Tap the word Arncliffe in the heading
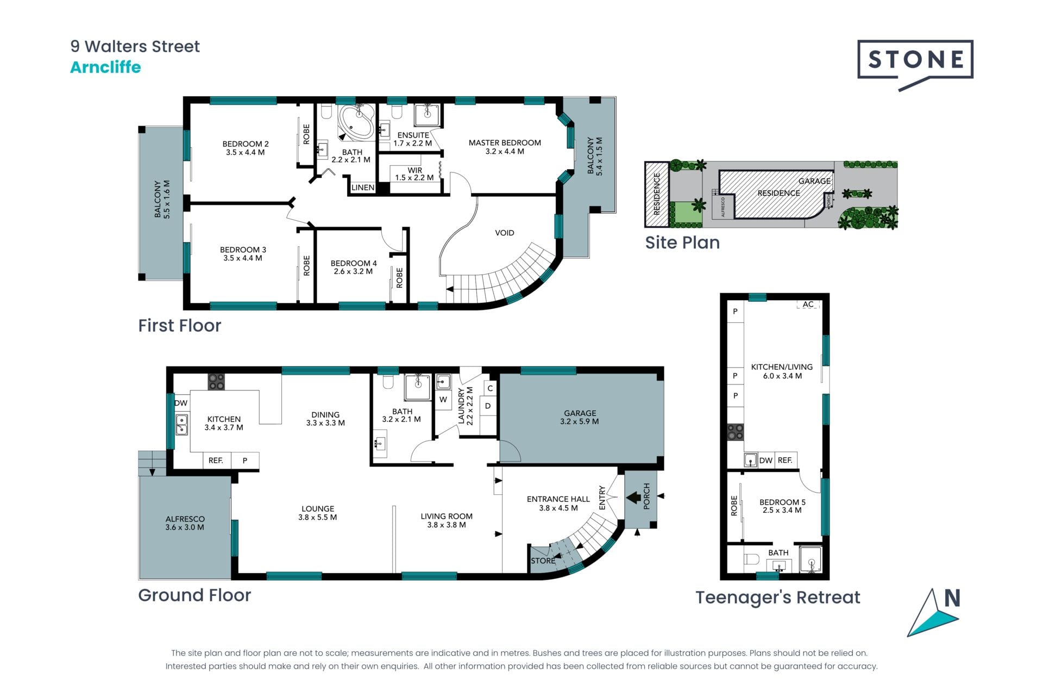tap(105, 67)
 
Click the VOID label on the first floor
tap(504, 233)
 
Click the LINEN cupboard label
tap(363, 188)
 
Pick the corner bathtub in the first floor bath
tap(356, 122)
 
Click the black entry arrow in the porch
tap(633, 497)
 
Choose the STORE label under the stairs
tap(543, 561)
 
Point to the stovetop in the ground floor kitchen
tap(216, 382)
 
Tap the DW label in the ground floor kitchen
tap(181, 403)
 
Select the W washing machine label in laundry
tap(443, 400)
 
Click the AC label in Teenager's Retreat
tap(808, 304)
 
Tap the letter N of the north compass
tap(952, 598)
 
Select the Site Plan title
tap(682, 243)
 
